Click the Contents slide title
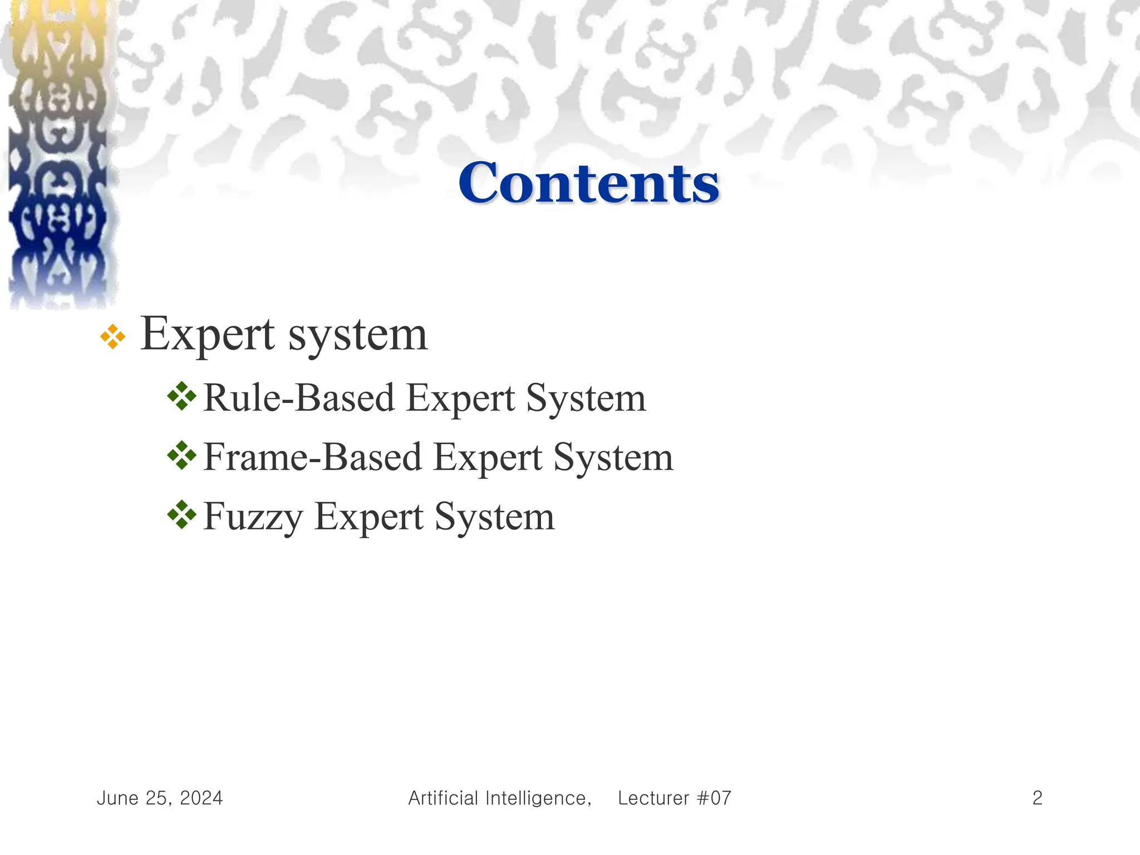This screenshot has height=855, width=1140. coord(588,183)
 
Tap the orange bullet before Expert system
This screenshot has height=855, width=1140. coord(112,337)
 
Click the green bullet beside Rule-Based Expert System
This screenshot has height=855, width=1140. coord(182,396)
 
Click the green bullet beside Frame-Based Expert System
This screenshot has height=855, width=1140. coord(182,456)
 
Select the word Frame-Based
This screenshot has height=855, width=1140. coord(312,458)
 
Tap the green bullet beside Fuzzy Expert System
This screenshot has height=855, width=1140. coord(182,515)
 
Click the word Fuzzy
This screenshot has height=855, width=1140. coord(253,518)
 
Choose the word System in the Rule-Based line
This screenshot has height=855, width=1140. coord(586,399)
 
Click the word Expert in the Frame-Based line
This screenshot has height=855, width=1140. coord(487,459)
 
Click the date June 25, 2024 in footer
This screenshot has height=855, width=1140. coord(160,798)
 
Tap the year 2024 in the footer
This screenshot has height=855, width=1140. coord(201,798)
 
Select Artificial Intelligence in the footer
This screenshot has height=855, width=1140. coord(499,798)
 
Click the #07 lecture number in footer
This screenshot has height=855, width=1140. coord(714,798)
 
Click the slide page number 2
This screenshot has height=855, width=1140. coord(1037,798)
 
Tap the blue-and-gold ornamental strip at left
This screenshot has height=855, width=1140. coord(58,156)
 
